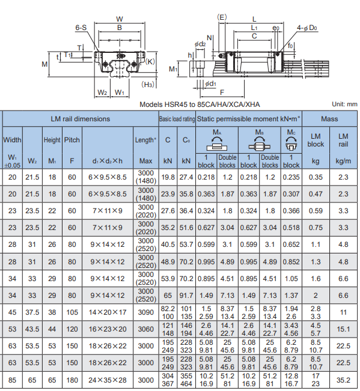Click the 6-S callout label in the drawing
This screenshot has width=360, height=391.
coord(81,28)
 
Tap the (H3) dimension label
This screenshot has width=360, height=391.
coord(148,85)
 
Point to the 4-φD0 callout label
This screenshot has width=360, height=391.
coord(307,28)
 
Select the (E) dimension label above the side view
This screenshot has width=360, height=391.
coord(222,17)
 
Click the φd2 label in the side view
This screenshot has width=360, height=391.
coord(200,44)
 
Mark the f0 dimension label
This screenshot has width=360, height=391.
coord(290,46)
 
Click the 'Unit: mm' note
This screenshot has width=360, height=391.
coord(344,105)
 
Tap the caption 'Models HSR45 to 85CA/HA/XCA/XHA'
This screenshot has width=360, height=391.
coord(200,105)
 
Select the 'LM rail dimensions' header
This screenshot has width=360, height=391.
coord(81,119)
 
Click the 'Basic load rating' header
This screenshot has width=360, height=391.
coord(177,119)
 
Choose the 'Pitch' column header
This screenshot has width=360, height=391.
coord(72,140)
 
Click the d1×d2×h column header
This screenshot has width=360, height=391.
coord(107,161)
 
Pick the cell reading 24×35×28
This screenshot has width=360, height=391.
coord(108,380)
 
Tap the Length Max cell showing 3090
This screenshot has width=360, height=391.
coord(145,312)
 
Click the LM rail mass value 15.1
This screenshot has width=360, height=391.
coord(343,329)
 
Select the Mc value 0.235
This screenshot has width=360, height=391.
coord(291,177)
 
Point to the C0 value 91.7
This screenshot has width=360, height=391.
coord(186,296)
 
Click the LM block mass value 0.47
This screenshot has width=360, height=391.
coord(316,194)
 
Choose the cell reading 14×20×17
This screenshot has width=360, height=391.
coord(108,312)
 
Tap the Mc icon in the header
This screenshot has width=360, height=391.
coord(291,144)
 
